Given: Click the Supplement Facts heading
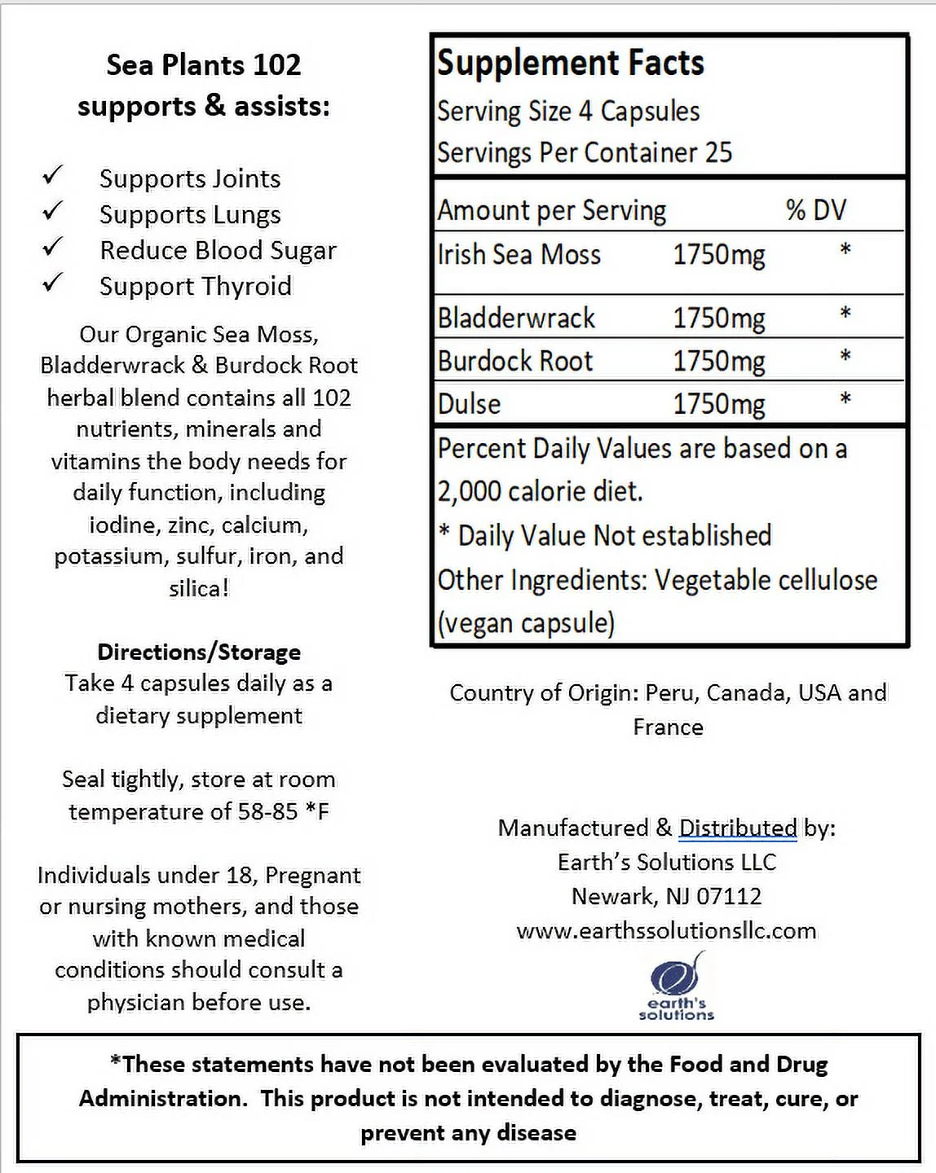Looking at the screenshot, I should pyautogui.click(x=570, y=64).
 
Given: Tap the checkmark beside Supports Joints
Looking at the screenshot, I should pyautogui.click(x=53, y=175).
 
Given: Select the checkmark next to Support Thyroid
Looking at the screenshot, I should pyautogui.click(x=53, y=283).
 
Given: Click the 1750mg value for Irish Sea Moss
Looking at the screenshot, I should pyautogui.click(x=718, y=255).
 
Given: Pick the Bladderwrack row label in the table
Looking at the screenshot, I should pyautogui.click(x=516, y=318).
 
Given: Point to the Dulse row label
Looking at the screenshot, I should pyautogui.click(x=469, y=404).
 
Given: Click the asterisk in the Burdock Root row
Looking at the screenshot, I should pyautogui.click(x=845, y=357).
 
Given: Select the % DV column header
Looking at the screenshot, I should pyautogui.click(x=815, y=210).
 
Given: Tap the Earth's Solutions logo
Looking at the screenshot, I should pyautogui.click(x=676, y=986).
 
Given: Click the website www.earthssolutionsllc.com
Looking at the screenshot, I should pyautogui.click(x=666, y=930).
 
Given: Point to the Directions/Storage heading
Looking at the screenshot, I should pyautogui.click(x=199, y=652).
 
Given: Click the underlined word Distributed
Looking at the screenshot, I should pyautogui.click(x=738, y=828).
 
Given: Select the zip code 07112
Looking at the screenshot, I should pyautogui.click(x=729, y=896).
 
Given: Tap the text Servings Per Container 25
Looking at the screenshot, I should pyautogui.click(x=584, y=152).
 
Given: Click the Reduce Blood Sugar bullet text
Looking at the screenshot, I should pyautogui.click(x=218, y=250).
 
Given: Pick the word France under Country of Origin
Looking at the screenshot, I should pyautogui.click(x=668, y=727).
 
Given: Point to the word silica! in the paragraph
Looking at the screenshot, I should pyautogui.click(x=199, y=588).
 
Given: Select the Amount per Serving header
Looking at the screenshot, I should pyautogui.click(x=551, y=210).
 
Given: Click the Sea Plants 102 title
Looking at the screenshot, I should pyautogui.click(x=204, y=65).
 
